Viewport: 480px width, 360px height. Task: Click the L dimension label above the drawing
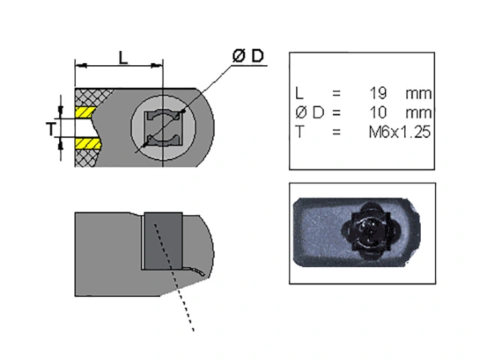(x=123, y=58)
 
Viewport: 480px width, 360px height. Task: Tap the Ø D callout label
(x=248, y=56)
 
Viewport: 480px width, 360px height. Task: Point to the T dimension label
(x=51, y=129)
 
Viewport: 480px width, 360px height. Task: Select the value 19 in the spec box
(x=378, y=93)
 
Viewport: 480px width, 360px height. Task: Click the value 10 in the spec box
(x=378, y=112)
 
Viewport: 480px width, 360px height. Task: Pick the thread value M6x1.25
(x=400, y=132)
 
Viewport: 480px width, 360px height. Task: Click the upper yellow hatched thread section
(x=85, y=112)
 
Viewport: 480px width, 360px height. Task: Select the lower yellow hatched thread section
(x=88, y=143)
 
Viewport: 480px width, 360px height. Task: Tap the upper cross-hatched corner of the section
(x=91, y=97)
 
